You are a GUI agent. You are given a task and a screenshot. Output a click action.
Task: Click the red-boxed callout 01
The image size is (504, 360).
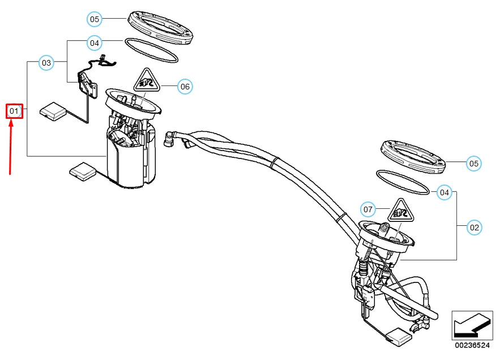point(14,111)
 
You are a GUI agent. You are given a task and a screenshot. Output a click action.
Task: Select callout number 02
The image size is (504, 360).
point(474,228)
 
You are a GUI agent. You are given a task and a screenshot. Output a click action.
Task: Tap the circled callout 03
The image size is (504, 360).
point(46,63)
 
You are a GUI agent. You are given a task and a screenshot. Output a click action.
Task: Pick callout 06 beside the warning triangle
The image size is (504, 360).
point(185,87)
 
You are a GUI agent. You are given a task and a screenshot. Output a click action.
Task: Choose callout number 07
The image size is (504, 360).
point(368,209)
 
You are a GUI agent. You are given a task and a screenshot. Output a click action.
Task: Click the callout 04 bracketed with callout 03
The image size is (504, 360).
point(95,42)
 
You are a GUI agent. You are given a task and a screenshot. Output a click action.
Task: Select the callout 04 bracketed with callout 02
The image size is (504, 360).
point(445,192)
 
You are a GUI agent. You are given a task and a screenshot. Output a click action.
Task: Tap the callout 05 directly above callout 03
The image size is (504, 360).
point(95,19)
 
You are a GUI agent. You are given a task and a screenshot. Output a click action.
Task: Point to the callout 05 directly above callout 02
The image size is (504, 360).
point(474,164)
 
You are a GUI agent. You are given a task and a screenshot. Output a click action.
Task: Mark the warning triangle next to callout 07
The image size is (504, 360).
point(401,212)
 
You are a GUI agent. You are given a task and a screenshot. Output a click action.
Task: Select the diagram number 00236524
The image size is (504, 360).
point(472,345)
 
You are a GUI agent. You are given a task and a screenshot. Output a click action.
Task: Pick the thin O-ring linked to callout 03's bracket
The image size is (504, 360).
point(151,50)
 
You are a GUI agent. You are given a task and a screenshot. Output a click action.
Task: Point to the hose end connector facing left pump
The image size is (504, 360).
point(170,138)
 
